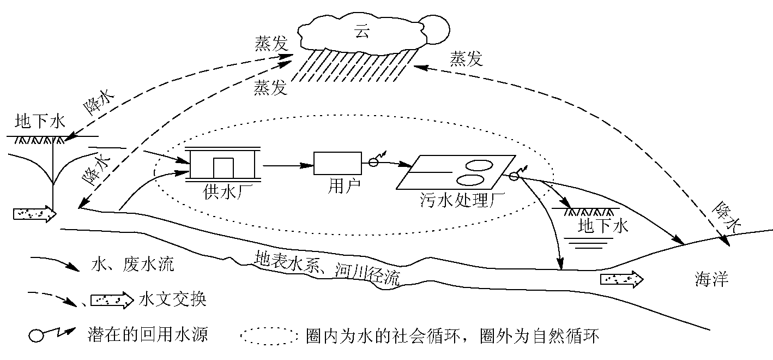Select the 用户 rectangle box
[337, 163]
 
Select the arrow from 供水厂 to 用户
[287, 163]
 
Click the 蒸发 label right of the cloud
[466, 59]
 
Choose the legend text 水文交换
[173, 299]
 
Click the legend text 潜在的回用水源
[147, 334]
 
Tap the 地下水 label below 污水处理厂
[603, 225]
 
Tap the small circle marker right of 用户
[373, 161]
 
